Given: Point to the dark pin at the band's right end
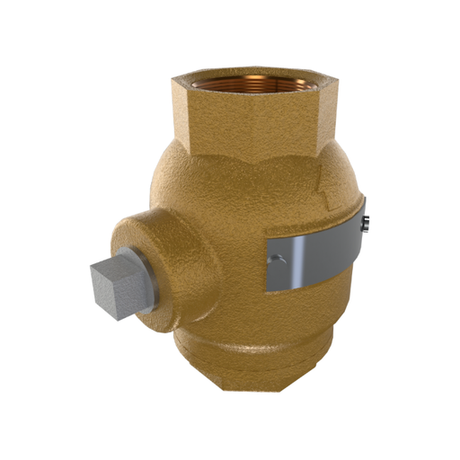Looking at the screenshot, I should [x=366, y=225].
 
